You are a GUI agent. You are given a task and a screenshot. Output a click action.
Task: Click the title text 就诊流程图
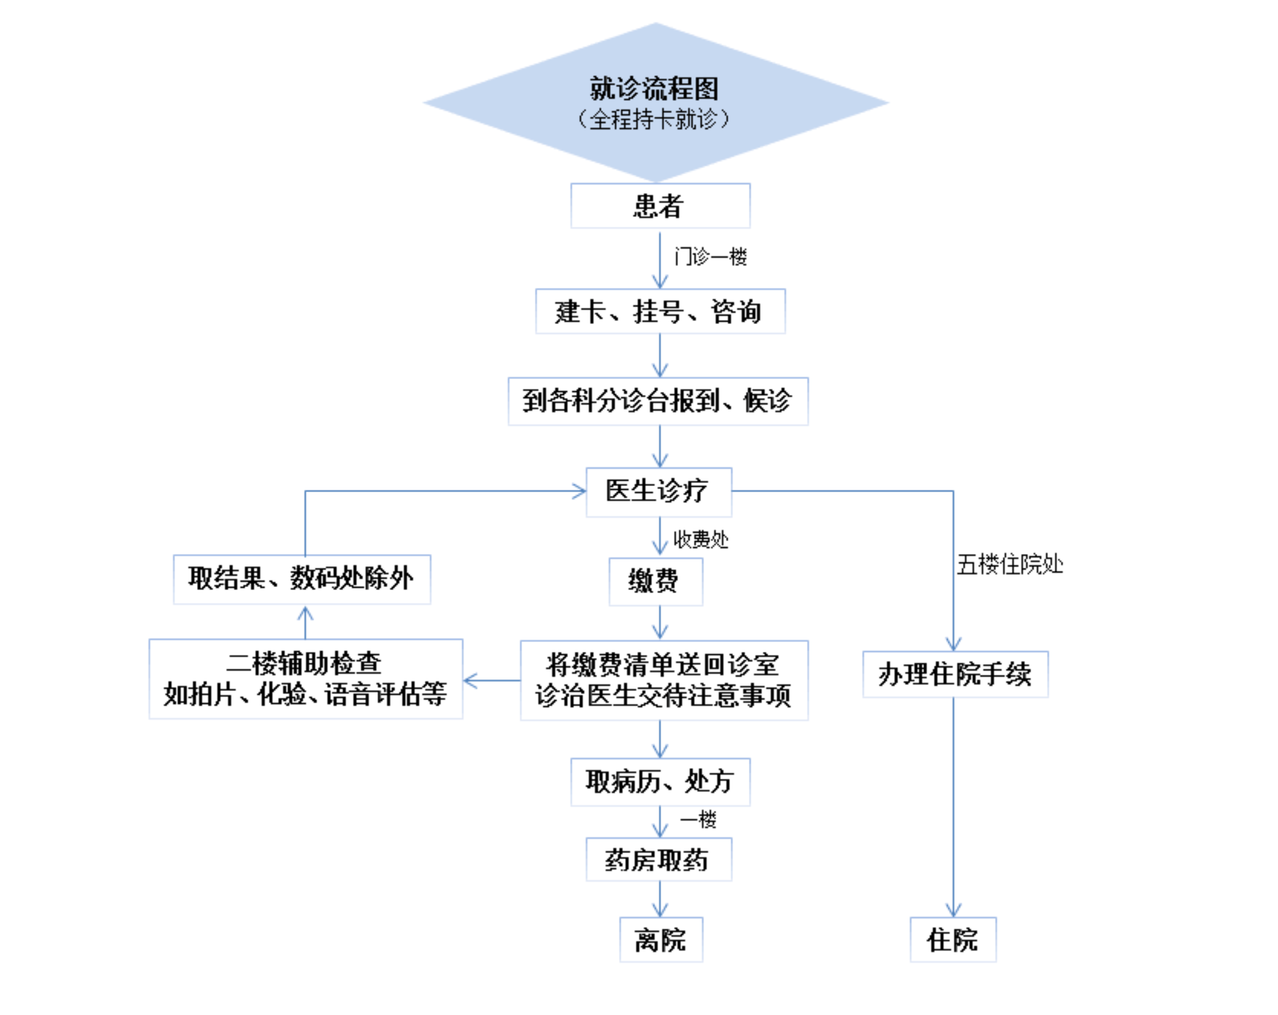pos(654,89)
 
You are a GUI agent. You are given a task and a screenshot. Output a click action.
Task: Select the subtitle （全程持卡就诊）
pos(654,119)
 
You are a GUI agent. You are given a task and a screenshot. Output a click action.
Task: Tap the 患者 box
pos(660,205)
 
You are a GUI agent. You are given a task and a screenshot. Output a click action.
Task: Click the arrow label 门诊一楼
pos(711,256)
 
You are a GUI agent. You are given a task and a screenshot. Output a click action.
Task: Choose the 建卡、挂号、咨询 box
pos(660,311)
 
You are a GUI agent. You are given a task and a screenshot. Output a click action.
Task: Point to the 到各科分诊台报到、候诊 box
pos(658,401)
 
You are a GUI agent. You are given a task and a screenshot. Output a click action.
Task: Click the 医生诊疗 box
pos(659,492)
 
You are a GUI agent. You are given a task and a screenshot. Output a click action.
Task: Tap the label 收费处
pos(701,539)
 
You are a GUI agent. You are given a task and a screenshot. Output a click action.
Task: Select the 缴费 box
pos(656,581)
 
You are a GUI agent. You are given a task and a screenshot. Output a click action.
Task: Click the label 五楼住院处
pos(1010,564)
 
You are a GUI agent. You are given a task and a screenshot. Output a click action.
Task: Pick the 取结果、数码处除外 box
pos(302,579)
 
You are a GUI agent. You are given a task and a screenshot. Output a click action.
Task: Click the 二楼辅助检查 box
pos(306,679)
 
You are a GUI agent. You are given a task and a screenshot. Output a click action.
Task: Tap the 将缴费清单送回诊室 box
pos(664,680)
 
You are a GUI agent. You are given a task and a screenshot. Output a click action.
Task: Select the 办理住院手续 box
pos(955,674)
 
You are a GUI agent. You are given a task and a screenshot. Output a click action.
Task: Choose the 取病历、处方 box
pos(660,781)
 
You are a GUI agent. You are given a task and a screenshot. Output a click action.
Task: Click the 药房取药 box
pos(659,859)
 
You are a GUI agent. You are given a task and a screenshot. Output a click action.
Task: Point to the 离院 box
pos(661,939)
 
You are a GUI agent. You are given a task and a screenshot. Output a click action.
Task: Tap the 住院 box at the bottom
pos(953,939)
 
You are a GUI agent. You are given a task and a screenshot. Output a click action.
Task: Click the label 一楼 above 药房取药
pos(698,819)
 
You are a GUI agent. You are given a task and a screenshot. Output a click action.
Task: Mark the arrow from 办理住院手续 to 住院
pos(953,807)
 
